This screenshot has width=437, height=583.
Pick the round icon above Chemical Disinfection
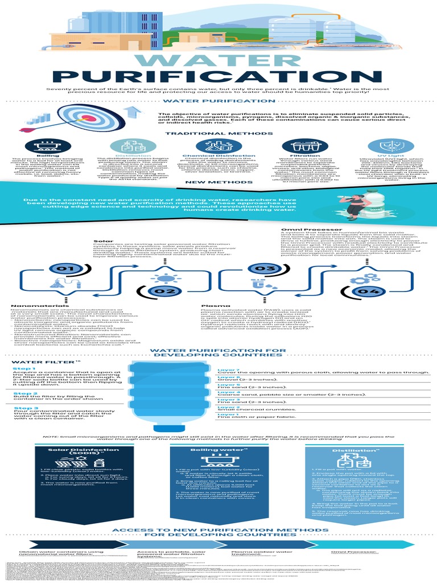point(218,145)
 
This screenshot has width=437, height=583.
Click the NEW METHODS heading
point(218,182)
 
